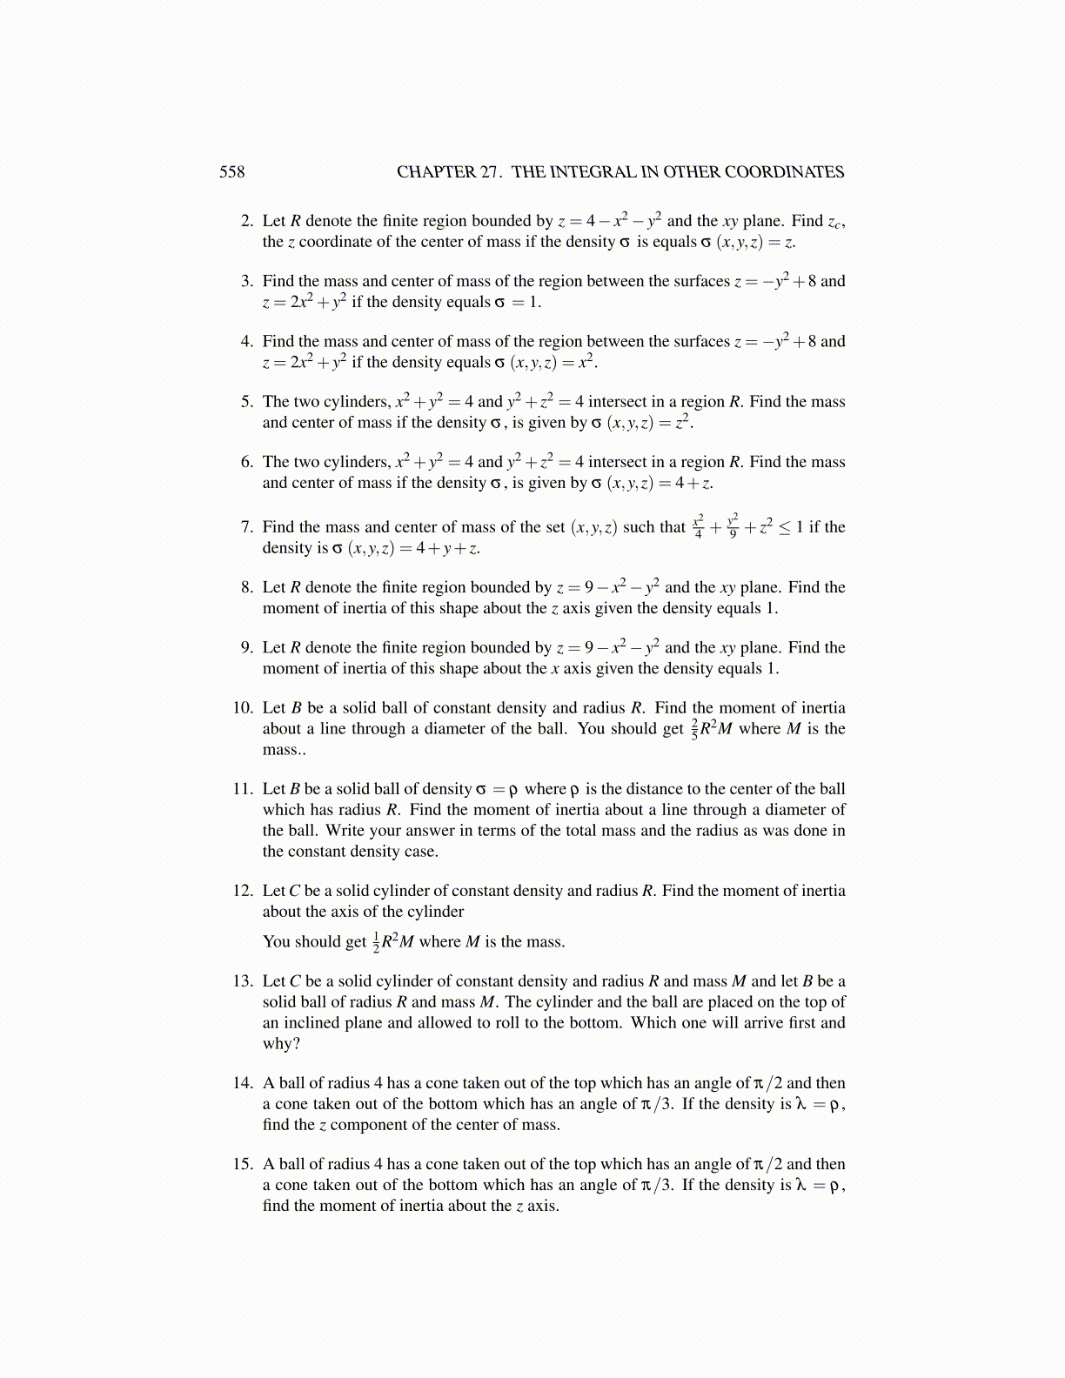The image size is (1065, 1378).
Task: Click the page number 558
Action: click(x=231, y=172)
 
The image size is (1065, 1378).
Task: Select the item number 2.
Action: click(x=247, y=221)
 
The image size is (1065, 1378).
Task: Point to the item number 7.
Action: click(x=247, y=527)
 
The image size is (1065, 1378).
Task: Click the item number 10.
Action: click(x=243, y=708)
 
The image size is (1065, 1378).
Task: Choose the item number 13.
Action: click(x=243, y=981)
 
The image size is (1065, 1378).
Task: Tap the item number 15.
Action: click(x=243, y=1164)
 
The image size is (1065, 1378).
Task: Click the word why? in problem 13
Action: click(x=281, y=1044)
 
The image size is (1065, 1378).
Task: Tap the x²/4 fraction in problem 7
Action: click(x=698, y=527)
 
